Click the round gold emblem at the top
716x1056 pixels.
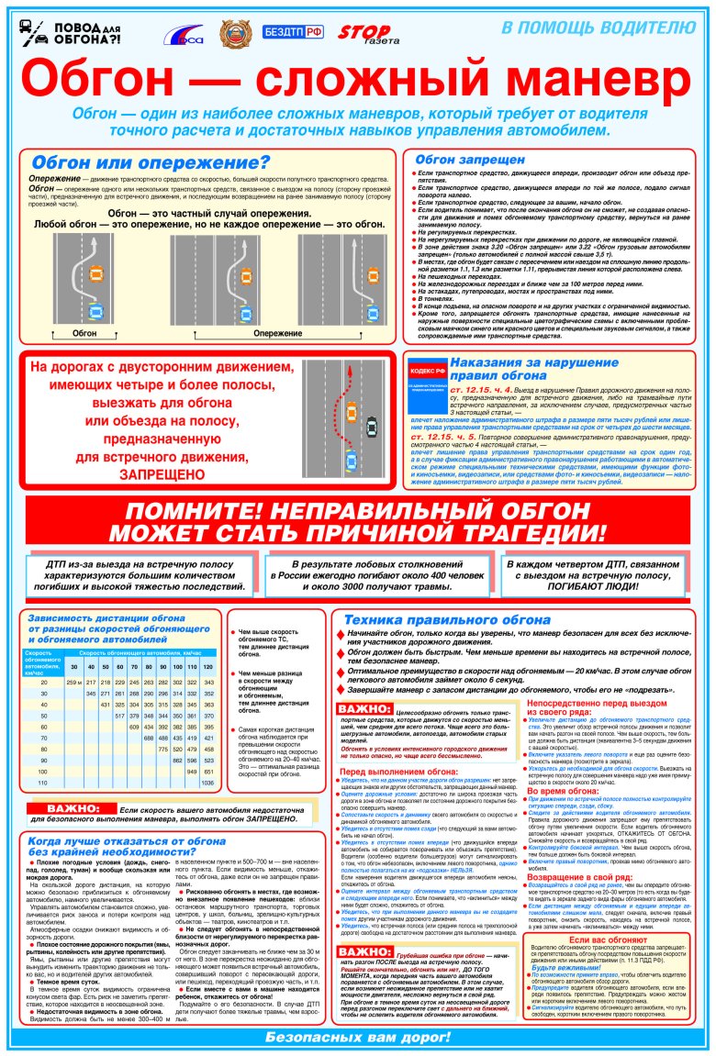point(233,35)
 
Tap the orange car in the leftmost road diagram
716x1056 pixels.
point(95,272)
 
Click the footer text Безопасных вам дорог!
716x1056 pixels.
point(357,1038)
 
